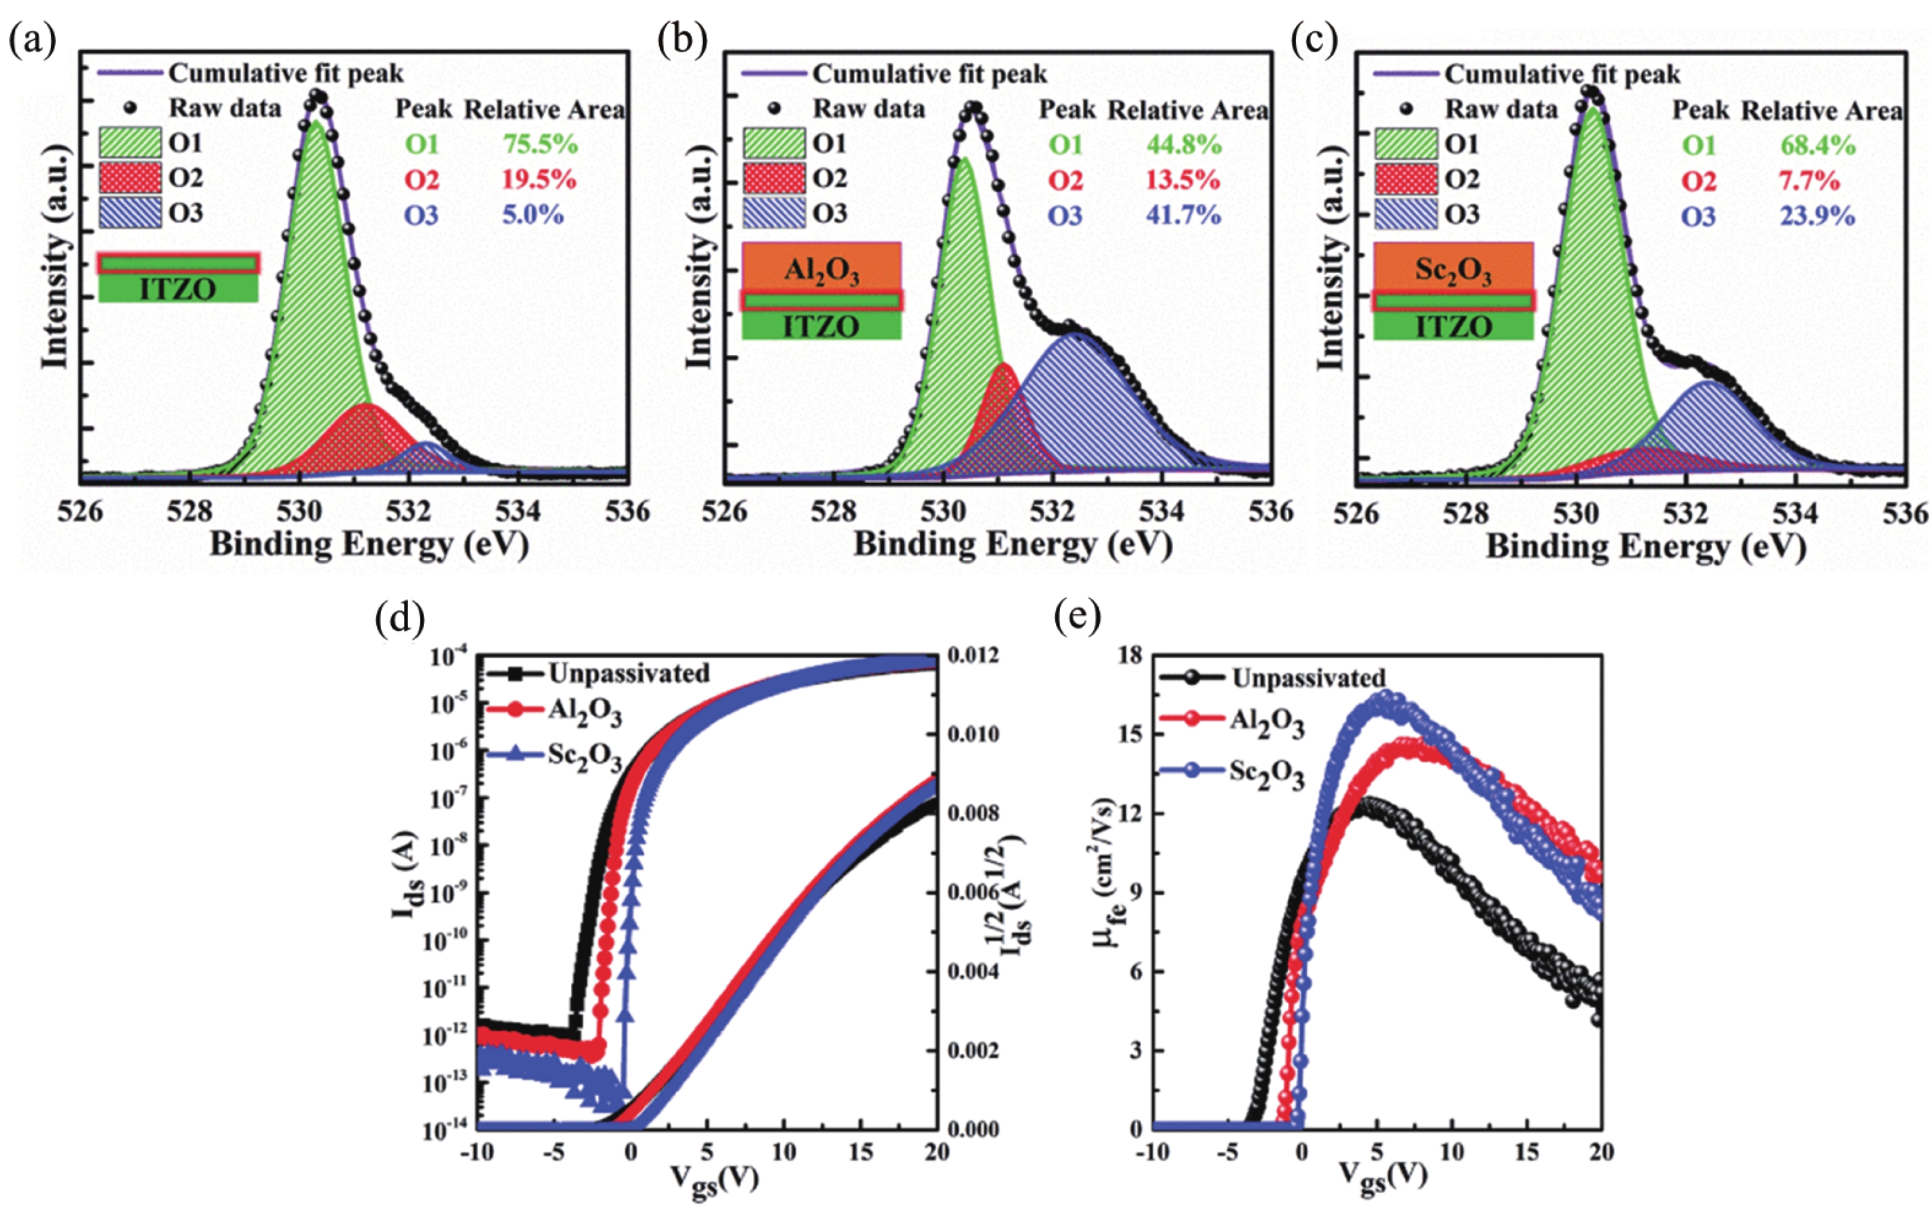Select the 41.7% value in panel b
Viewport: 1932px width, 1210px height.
1184,215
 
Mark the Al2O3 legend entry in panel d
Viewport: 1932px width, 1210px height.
585,712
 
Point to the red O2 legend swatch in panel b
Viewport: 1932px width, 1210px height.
773,178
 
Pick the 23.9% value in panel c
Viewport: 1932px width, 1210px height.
1817,216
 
